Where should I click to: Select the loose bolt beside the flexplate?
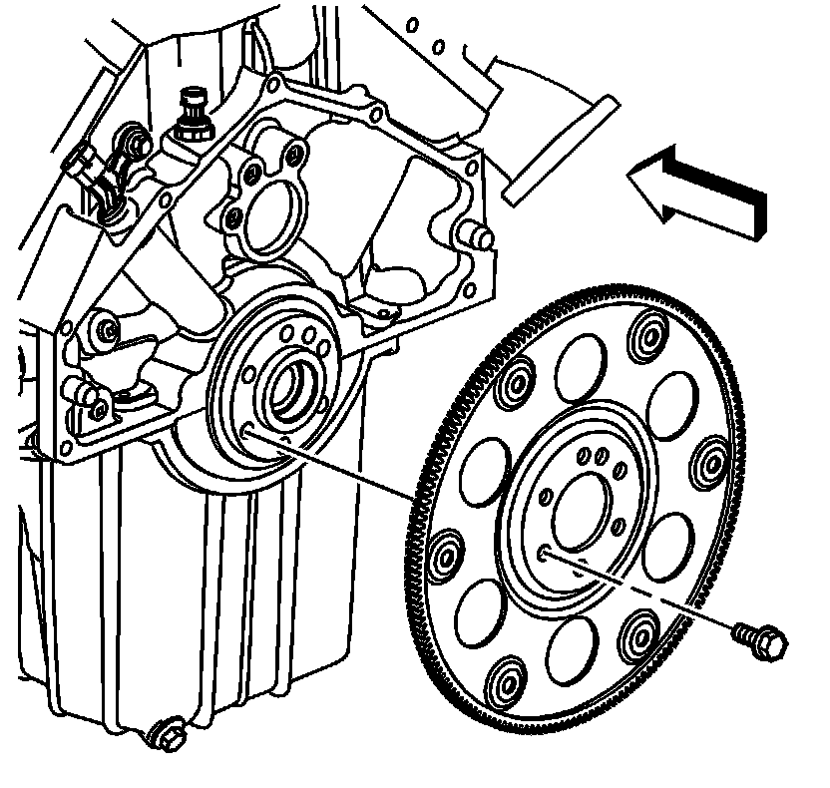coord(758,639)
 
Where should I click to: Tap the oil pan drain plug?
coord(166,736)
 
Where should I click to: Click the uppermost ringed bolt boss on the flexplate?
coord(652,330)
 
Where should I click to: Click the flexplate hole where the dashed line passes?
coord(544,552)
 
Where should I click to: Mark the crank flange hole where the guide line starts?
coord(246,430)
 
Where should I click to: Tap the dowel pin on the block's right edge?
coord(477,236)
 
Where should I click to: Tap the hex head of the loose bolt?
coord(771,645)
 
